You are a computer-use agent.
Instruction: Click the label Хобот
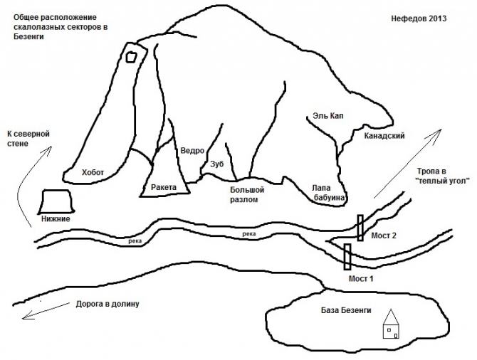[x=93, y=172]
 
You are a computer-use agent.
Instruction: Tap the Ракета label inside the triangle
[x=164, y=187]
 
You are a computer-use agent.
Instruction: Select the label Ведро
[x=192, y=151]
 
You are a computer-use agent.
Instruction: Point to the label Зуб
[x=217, y=164]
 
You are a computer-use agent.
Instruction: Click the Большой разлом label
[x=247, y=195]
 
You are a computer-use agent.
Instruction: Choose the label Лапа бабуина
[x=328, y=194]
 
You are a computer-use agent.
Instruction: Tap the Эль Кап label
[x=327, y=115]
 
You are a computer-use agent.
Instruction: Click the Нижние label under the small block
[x=56, y=218]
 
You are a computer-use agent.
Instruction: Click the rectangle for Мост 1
[x=347, y=256]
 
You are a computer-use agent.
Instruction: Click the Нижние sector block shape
[x=54, y=201]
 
